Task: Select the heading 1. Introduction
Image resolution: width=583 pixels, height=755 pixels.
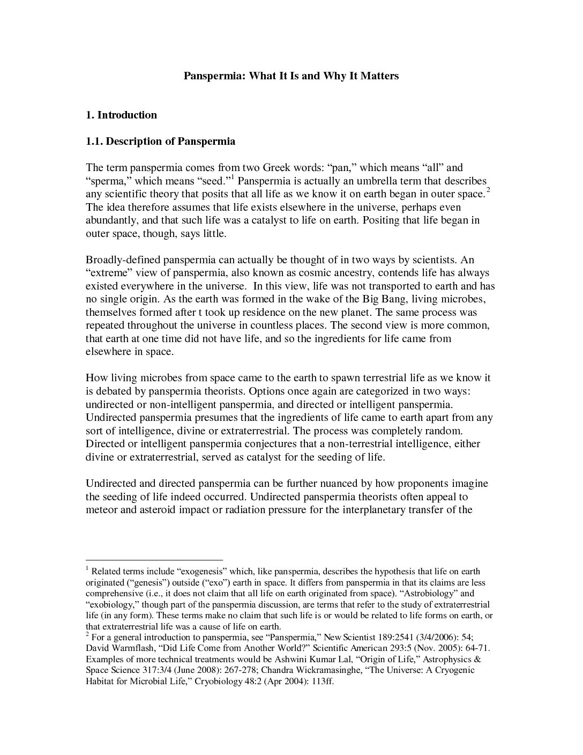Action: pos(121,115)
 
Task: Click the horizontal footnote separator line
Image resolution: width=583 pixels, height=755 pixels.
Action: pos(154,559)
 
